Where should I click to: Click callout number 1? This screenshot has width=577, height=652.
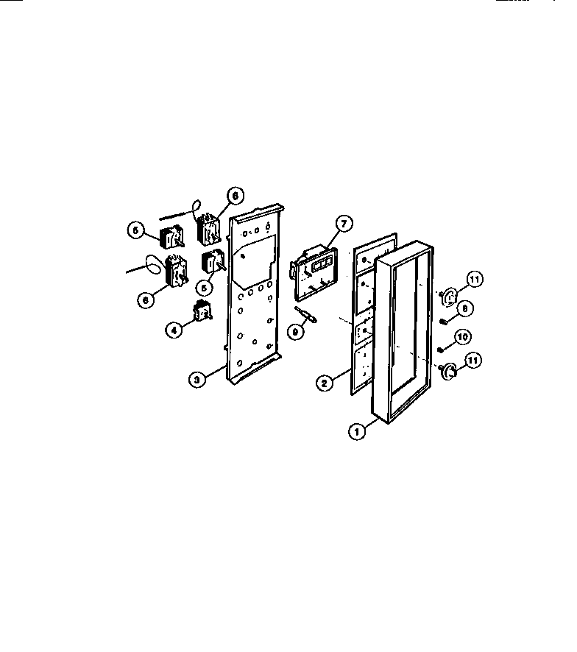358,432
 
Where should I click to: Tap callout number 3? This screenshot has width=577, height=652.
196,380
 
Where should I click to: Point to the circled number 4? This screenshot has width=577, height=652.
174,330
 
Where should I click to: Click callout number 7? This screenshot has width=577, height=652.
342,223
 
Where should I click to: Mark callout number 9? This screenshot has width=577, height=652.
295,331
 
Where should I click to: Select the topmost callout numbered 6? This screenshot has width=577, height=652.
234,196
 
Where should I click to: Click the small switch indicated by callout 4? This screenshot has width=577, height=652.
199,314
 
